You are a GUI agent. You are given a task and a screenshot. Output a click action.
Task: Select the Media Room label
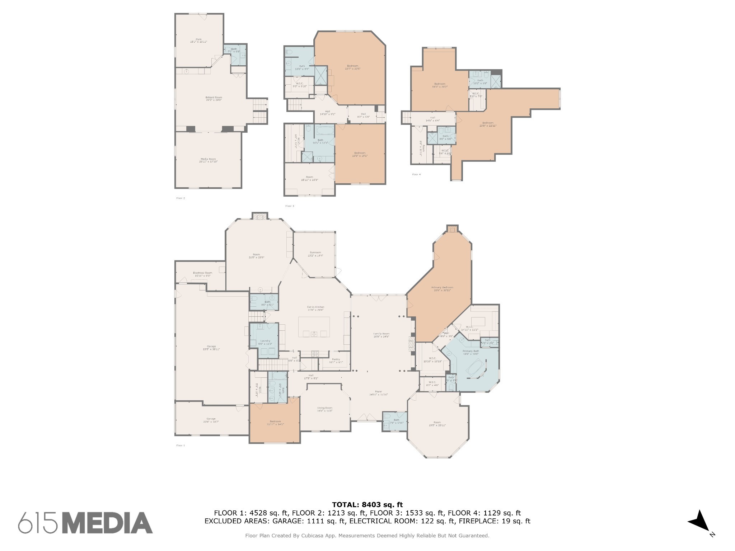click(x=208, y=160)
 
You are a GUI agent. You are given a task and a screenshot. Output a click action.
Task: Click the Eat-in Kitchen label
click(x=315, y=308)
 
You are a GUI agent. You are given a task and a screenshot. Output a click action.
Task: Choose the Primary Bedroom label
click(x=442, y=288)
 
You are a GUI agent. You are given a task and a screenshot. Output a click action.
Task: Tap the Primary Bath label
click(x=471, y=352)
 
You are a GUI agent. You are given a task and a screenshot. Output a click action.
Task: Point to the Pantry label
click(x=336, y=361)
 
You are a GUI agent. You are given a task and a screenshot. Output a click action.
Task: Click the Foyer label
click(x=378, y=393)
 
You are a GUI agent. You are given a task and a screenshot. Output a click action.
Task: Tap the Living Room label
click(x=325, y=409)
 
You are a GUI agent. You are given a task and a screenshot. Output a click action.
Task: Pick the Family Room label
click(x=381, y=335)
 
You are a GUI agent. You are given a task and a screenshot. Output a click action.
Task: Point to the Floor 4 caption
click(x=416, y=175)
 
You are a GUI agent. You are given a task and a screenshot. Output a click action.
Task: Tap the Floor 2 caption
click(x=181, y=198)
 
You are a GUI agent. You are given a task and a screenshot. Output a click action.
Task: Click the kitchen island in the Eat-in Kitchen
click(x=314, y=327)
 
